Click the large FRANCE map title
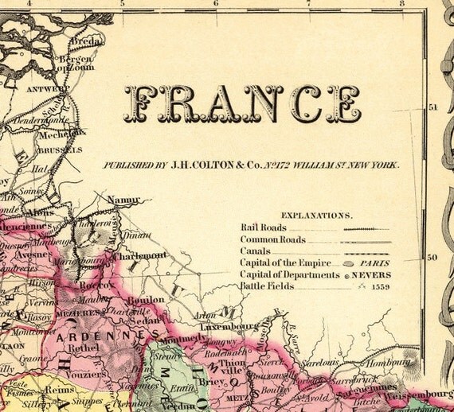[243, 104]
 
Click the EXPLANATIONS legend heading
[316, 215]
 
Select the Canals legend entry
[255, 251]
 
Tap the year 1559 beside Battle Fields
[378, 287]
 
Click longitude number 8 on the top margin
[403, 3]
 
